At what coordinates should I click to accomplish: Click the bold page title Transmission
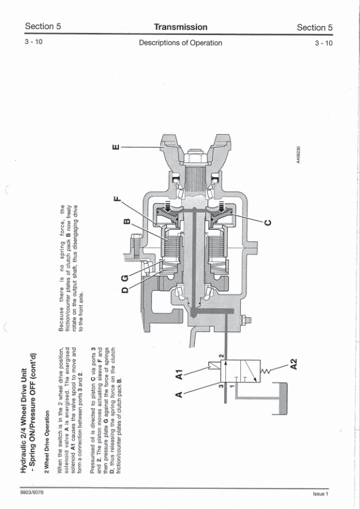[181, 27]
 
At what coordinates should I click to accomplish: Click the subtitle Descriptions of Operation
[181, 43]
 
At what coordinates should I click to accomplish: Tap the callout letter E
[116, 147]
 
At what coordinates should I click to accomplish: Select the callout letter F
[117, 199]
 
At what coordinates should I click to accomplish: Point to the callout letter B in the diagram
[127, 222]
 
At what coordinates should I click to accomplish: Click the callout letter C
[268, 222]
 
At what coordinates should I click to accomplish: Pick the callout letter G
[125, 278]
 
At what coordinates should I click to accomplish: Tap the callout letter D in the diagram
[125, 289]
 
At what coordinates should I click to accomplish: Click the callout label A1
[179, 374]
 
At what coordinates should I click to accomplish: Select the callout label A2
[294, 363]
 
